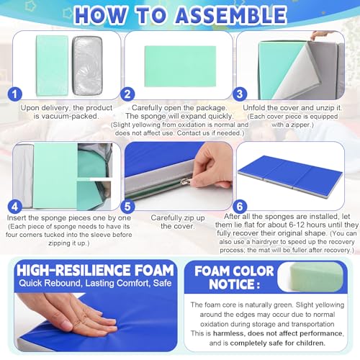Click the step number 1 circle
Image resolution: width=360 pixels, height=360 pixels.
(x=15, y=94)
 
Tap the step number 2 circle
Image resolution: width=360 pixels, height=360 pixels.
(x=127, y=94)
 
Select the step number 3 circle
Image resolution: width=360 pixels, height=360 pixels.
(x=240, y=94)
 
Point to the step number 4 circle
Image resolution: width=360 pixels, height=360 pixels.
(x=15, y=207)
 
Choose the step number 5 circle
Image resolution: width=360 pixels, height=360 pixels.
(x=127, y=207)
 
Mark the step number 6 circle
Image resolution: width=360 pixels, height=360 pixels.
(x=240, y=207)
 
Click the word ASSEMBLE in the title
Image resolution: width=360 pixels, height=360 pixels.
(x=230, y=15)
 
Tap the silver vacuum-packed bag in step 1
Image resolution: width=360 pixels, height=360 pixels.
(x=87, y=66)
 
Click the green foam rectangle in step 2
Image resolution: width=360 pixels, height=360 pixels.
(x=180, y=66)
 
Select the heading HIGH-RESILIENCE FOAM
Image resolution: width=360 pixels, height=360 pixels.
(x=95, y=271)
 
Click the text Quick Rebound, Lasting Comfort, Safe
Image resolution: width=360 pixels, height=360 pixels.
(x=95, y=283)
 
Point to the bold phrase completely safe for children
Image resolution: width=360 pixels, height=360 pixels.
(x=278, y=343)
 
